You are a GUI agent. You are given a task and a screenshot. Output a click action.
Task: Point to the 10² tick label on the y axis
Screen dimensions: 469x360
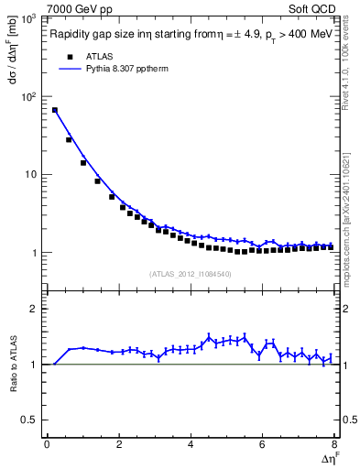click(30, 96)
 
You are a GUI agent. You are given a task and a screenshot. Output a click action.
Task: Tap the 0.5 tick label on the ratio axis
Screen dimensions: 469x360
click(32, 420)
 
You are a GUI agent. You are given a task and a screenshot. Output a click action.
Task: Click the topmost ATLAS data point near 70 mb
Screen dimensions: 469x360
click(55, 110)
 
